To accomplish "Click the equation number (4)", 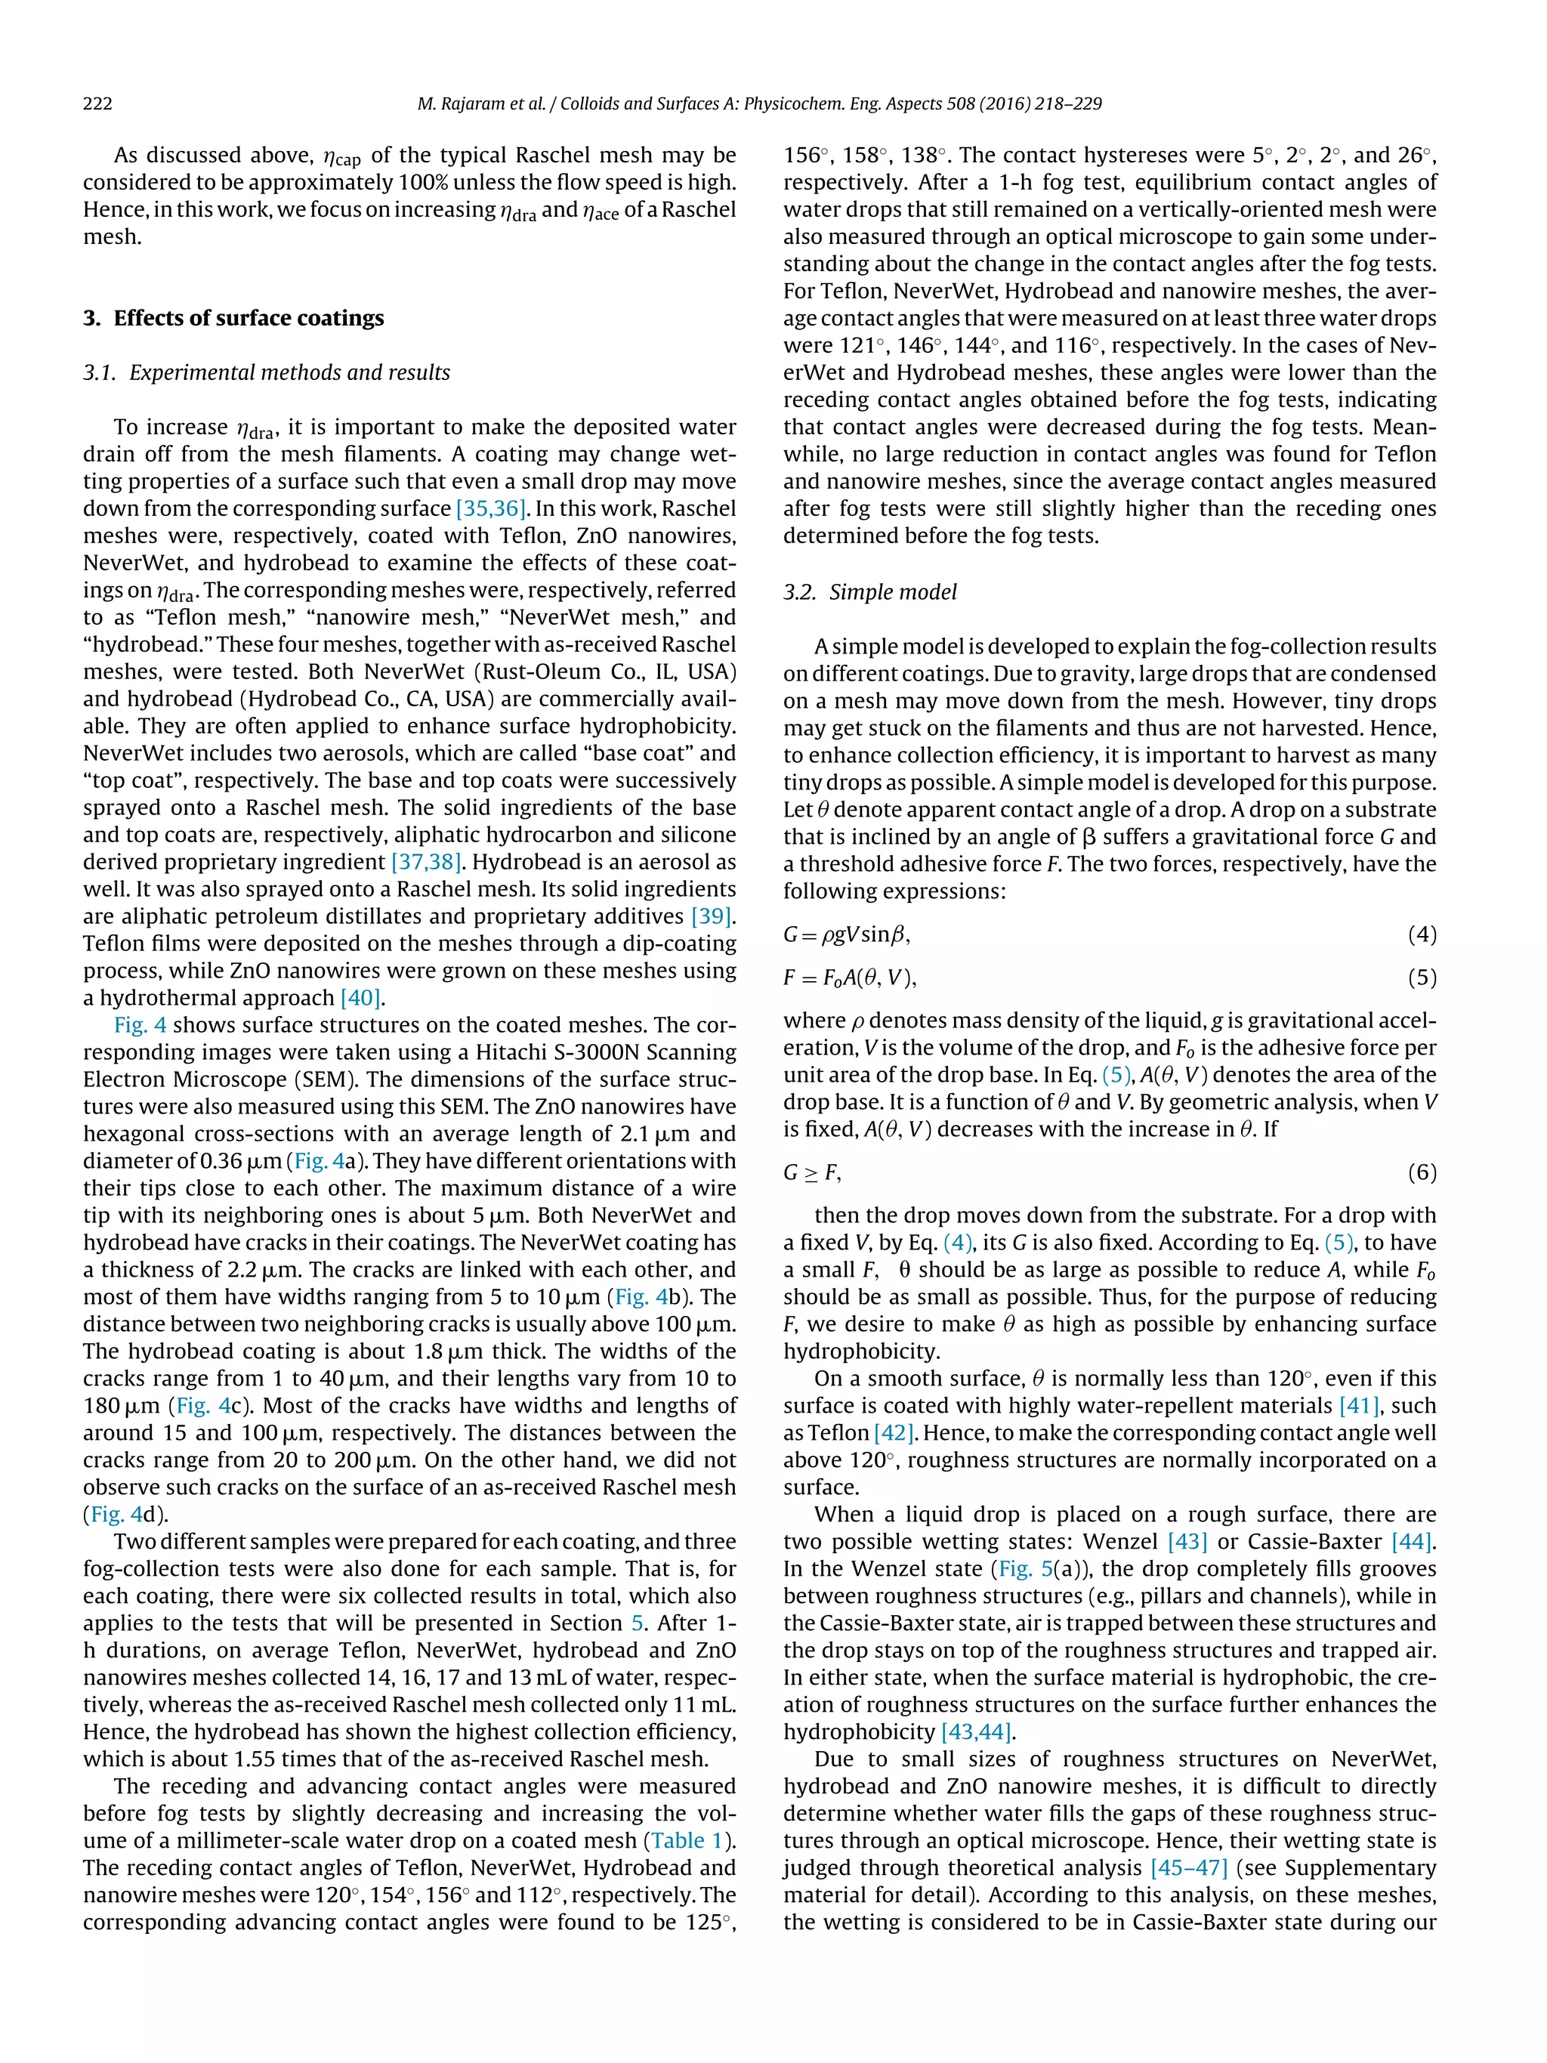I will [x=1421, y=934].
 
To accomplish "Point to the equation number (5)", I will [x=1421, y=977].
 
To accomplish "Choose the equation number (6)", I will [x=1421, y=1172].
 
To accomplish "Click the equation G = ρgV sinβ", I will [x=846, y=934].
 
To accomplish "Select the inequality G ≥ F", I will [x=811, y=1172].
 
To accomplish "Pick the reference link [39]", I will [x=712, y=917].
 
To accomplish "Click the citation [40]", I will [x=360, y=998].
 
